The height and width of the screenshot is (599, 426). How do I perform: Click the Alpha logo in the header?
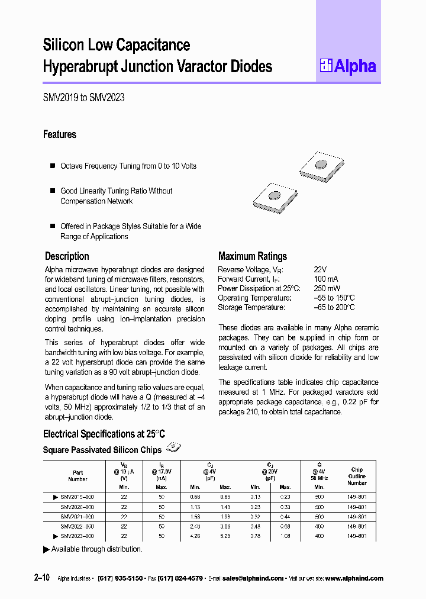(348, 66)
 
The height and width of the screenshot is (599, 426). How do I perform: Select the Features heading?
(60, 134)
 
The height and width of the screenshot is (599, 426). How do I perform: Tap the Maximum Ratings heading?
(252, 256)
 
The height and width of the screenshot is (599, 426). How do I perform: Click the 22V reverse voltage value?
(320, 269)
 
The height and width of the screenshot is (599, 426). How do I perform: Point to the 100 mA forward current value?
(326, 279)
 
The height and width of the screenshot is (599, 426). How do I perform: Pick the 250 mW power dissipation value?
(327, 288)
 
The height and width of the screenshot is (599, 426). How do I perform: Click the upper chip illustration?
(320, 165)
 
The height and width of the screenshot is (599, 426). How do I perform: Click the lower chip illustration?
(274, 195)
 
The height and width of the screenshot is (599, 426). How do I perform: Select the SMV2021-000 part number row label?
(78, 517)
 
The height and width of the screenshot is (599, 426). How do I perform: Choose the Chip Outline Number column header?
(357, 476)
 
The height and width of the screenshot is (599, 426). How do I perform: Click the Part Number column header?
(78, 476)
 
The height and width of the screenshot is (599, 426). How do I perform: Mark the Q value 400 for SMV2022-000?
(319, 526)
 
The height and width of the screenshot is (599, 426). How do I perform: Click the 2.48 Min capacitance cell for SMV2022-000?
(195, 526)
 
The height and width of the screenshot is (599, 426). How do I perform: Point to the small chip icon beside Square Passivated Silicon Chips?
(173, 448)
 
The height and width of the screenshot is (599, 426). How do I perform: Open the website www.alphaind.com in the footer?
(354, 578)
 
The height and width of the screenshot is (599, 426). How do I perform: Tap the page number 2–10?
(51, 578)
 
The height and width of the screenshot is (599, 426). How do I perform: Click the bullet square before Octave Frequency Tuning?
(52, 166)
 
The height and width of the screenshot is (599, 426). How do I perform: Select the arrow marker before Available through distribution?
(47, 549)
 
